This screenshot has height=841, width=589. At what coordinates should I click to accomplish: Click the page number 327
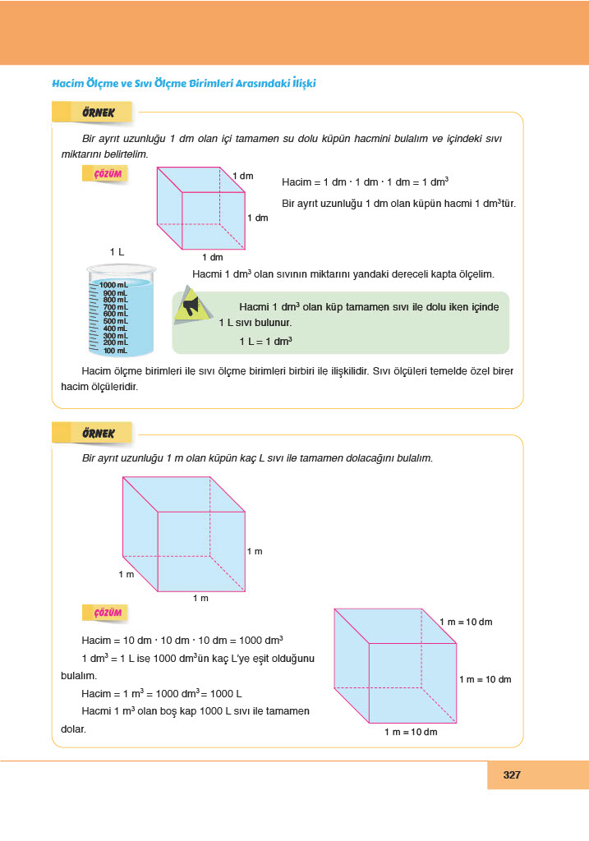pos(512,774)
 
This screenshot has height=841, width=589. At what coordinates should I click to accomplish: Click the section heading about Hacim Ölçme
pos(183,83)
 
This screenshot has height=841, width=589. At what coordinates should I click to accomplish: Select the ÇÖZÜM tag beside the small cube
pos(108,174)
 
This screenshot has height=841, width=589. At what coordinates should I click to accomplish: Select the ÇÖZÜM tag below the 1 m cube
pos(108,613)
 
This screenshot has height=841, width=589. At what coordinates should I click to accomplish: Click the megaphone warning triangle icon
pos(192,307)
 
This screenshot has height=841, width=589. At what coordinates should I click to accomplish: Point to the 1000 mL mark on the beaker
pos(113,284)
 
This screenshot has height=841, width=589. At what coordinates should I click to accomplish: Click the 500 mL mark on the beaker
pos(114,321)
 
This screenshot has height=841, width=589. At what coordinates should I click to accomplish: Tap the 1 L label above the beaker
pos(117,251)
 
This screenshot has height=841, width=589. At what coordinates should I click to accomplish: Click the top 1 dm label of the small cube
pos(243,176)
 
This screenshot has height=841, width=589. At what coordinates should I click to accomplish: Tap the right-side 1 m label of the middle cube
pos(255,551)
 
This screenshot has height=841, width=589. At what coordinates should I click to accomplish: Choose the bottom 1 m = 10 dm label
pos(411,731)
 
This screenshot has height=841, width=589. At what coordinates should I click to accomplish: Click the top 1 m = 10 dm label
pos(466,622)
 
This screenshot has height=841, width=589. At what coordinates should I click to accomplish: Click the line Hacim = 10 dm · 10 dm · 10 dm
pos(183,640)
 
